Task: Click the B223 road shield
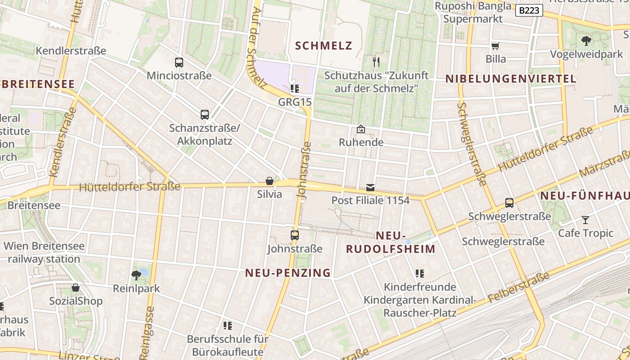[529, 10]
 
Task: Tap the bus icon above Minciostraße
[179, 63]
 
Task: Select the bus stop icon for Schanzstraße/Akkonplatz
[205, 115]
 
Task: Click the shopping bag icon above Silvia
[270, 181]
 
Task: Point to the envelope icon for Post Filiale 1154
[370, 187]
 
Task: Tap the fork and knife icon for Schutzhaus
[376, 62]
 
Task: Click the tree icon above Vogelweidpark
[586, 41]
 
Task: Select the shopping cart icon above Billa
[495, 45]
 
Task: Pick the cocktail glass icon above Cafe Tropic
[585, 220]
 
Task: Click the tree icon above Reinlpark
[136, 275]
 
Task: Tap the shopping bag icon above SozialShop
[76, 288]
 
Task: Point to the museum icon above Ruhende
[361, 130]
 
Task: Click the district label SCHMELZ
[324, 45]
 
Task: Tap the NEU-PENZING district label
[288, 273]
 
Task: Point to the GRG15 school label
[295, 102]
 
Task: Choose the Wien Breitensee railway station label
[44, 252]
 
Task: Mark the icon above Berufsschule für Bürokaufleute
[228, 325]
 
